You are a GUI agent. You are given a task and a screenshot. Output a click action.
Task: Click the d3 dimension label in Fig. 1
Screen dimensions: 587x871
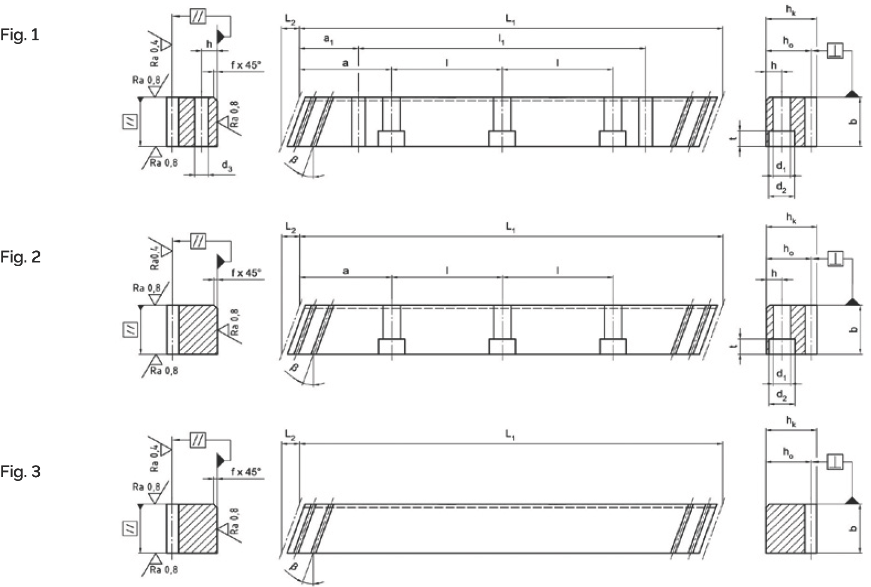pos(227,167)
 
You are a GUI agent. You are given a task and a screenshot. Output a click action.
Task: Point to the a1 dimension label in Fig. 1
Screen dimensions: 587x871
pos(329,39)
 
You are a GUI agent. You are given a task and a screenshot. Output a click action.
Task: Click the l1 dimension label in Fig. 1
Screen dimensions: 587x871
pos(501,40)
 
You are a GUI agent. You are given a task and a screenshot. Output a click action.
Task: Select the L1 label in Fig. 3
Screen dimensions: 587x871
pos(509,435)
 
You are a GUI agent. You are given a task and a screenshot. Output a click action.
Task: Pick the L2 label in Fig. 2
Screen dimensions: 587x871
pos(289,227)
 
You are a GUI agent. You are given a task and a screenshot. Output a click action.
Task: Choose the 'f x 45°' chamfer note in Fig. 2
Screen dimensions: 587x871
pos(247,273)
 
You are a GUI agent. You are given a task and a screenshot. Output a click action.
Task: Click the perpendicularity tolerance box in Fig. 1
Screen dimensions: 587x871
pos(835,51)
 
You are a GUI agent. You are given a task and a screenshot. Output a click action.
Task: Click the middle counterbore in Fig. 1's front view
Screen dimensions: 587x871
pos(502,138)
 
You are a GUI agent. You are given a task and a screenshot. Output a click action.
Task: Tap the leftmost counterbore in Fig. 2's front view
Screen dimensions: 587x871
pos(391,346)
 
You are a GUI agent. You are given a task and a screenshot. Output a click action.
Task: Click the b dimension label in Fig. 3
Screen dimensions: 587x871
pos(853,529)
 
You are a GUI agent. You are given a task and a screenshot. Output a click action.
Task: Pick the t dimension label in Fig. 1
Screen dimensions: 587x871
pos(733,137)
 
